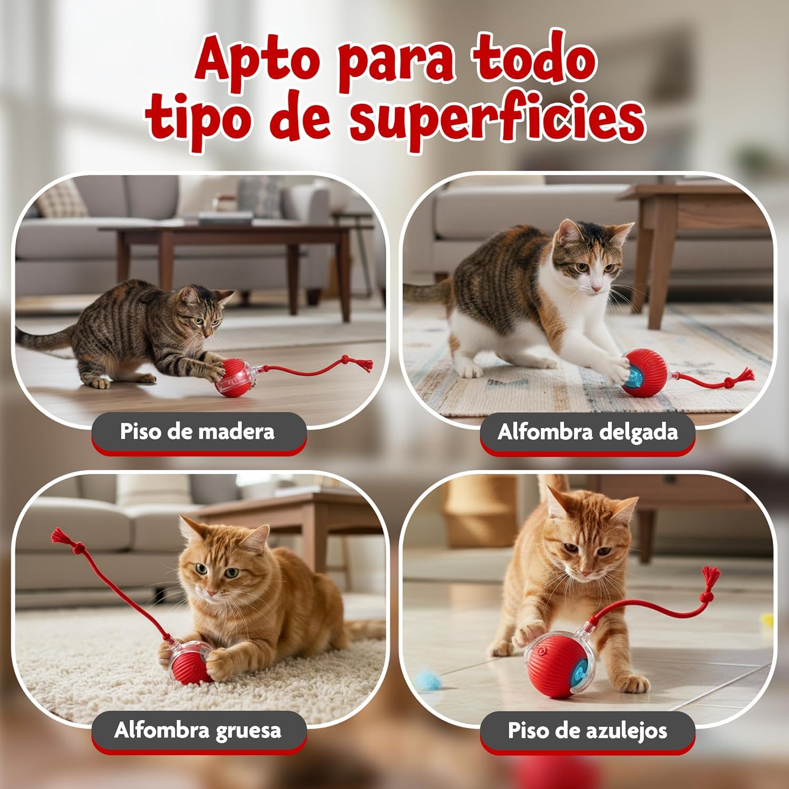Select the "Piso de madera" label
click(198, 432)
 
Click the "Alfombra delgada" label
click(588, 432)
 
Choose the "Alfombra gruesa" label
click(198, 730)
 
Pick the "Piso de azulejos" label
click(588, 730)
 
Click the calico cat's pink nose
click(596, 288)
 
